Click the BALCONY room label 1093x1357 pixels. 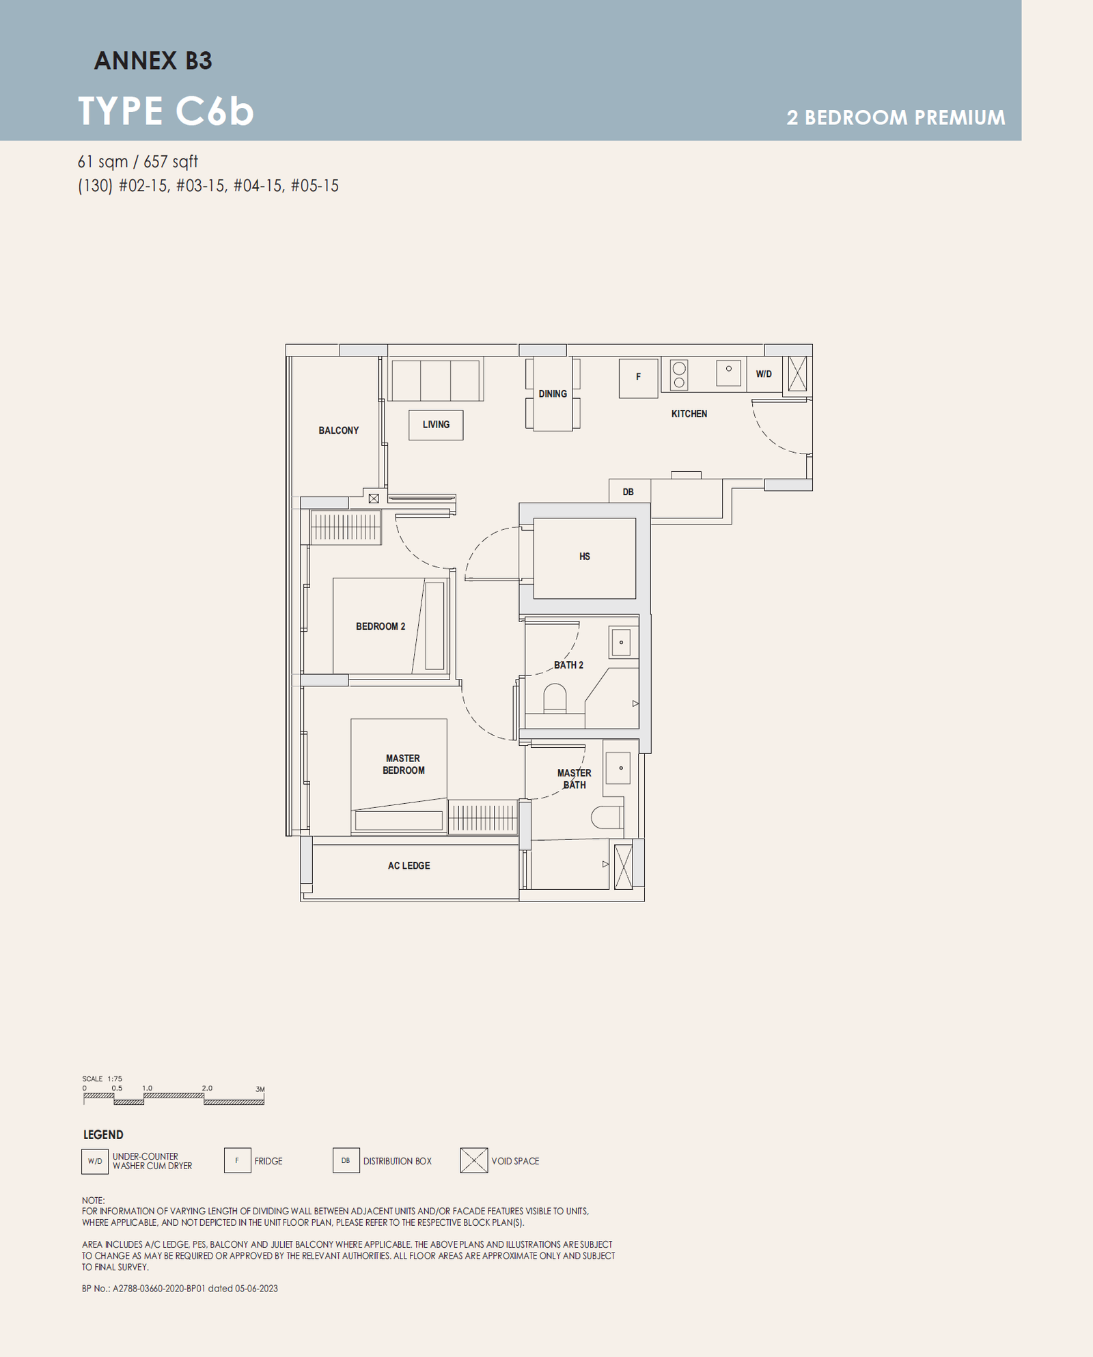point(338,430)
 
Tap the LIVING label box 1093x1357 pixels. point(436,425)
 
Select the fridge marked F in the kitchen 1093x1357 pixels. point(639,378)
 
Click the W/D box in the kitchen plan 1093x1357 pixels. point(764,374)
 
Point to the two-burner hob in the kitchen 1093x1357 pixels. point(679,375)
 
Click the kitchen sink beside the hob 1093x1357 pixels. point(728,373)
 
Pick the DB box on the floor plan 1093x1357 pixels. point(628,491)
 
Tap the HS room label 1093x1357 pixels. point(585,557)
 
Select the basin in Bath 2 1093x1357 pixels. point(621,643)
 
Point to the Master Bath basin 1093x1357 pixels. point(618,769)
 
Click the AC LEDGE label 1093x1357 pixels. point(409,866)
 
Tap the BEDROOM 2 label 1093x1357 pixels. point(381,626)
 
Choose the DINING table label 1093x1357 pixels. point(553,394)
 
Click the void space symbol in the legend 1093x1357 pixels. point(474,1160)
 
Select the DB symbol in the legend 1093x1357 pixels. point(346,1160)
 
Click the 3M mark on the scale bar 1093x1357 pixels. point(260,1089)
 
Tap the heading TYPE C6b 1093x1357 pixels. point(166,111)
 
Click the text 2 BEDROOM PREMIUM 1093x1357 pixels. point(896,117)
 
